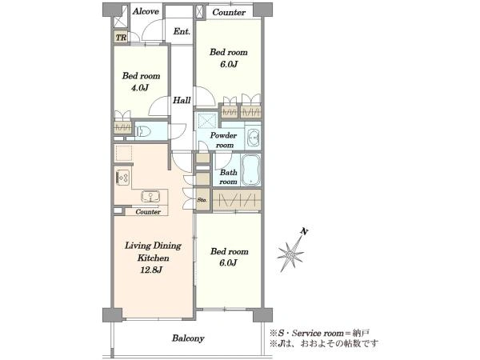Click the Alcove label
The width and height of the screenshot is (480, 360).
(146, 11)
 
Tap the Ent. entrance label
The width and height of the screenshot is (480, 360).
(182, 31)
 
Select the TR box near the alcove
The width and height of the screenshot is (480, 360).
(122, 38)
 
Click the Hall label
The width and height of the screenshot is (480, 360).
(182, 100)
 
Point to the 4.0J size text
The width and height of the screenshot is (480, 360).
(140, 88)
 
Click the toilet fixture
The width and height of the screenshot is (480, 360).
(143, 131)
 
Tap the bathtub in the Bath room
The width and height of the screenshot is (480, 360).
(250, 170)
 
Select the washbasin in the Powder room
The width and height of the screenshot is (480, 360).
(254, 136)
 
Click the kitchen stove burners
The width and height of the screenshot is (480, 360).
(123, 178)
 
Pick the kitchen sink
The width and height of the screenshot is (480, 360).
(150, 196)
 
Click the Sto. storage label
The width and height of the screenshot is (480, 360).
(202, 200)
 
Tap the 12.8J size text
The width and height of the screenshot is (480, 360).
(151, 270)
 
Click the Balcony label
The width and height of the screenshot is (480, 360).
(188, 338)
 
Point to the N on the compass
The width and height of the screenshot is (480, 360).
(304, 231)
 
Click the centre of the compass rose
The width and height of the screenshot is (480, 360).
(290, 254)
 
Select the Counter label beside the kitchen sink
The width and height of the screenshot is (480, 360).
(148, 212)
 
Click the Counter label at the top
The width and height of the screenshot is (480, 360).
(229, 12)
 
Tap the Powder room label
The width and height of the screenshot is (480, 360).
(224, 140)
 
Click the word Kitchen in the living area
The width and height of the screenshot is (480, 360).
(153, 258)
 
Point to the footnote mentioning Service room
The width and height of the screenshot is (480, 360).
(319, 333)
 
